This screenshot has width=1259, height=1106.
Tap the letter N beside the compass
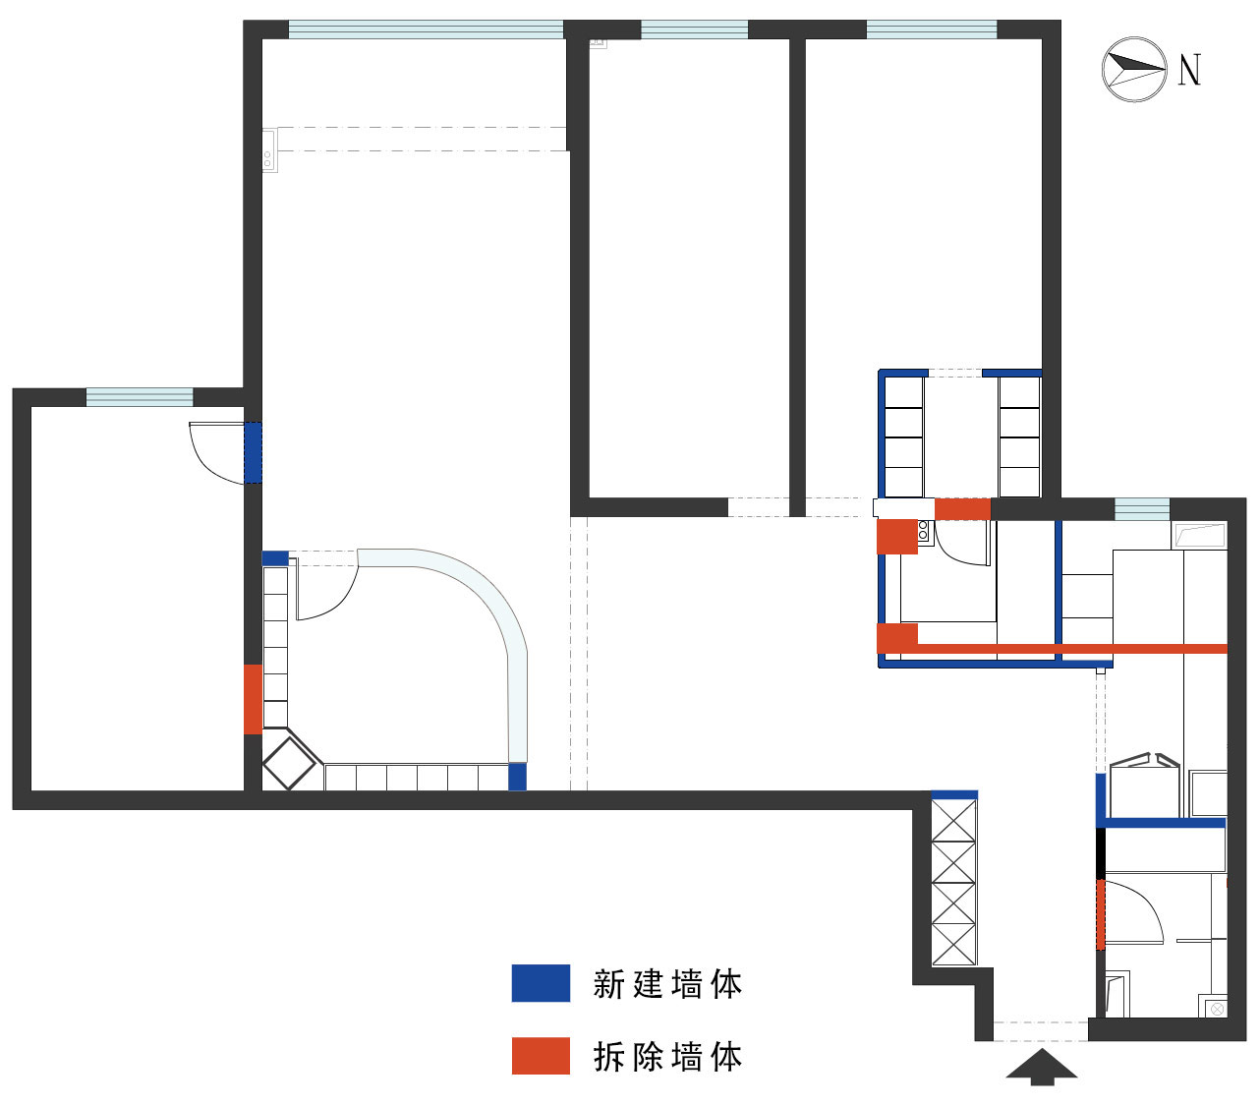1189,70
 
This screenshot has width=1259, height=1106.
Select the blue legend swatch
541,983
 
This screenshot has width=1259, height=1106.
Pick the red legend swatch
541,1056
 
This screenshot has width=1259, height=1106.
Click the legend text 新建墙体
667,984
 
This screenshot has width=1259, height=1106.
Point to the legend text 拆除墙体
667,1057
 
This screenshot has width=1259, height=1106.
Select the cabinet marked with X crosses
953,882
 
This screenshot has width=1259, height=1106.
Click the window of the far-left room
140,397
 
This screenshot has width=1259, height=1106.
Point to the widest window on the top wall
426,30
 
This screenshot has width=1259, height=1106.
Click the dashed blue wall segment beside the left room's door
253,452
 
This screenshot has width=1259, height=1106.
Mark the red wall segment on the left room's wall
253,699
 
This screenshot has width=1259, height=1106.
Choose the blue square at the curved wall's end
517,777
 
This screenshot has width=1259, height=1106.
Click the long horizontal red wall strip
1071,649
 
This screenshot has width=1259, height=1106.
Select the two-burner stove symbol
924,532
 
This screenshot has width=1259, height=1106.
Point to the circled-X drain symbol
1218,1009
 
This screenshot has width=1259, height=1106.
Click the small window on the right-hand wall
1141,509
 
